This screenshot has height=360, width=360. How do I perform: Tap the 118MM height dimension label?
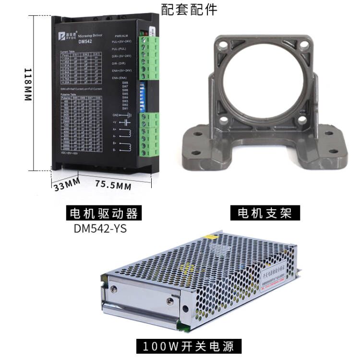pos(27,84)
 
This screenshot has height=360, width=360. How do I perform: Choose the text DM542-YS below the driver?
pos(100,228)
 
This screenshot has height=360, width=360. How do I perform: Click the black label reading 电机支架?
pos(264,212)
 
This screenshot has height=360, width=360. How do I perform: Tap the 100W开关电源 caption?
pos(189,346)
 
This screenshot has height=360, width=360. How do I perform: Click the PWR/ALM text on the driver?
pos(121,36)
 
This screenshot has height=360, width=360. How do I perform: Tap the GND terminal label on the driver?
pos(115,115)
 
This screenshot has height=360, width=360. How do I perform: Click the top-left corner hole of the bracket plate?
pos(222,47)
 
